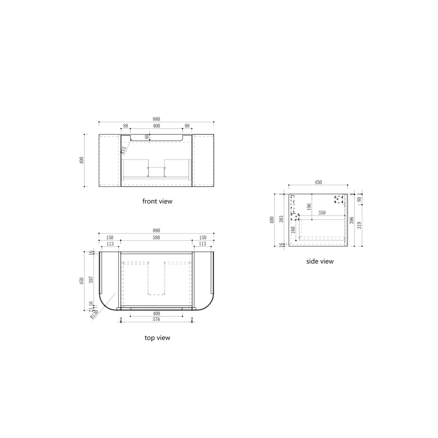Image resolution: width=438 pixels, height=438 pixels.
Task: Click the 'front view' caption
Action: click(157, 201)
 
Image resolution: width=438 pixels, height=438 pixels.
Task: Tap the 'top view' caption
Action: click(157, 337)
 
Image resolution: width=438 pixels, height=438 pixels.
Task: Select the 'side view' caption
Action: click(320, 262)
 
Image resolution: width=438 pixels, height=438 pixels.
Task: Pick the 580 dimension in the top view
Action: click(156, 237)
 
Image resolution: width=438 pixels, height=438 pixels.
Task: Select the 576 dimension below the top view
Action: click(156, 320)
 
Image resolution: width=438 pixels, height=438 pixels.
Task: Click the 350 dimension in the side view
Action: click(322, 213)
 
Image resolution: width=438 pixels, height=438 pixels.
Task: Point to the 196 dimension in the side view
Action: click(309, 207)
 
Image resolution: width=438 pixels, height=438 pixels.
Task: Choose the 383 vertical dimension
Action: click(281, 219)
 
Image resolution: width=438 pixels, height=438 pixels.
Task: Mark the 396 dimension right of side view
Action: click(352, 220)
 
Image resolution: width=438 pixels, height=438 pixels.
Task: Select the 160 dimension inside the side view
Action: click(293, 230)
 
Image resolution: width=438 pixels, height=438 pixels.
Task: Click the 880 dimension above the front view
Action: click(156, 119)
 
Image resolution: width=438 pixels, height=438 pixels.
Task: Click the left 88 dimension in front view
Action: click(126, 126)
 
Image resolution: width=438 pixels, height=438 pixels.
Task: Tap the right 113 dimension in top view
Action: click(202, 244)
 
